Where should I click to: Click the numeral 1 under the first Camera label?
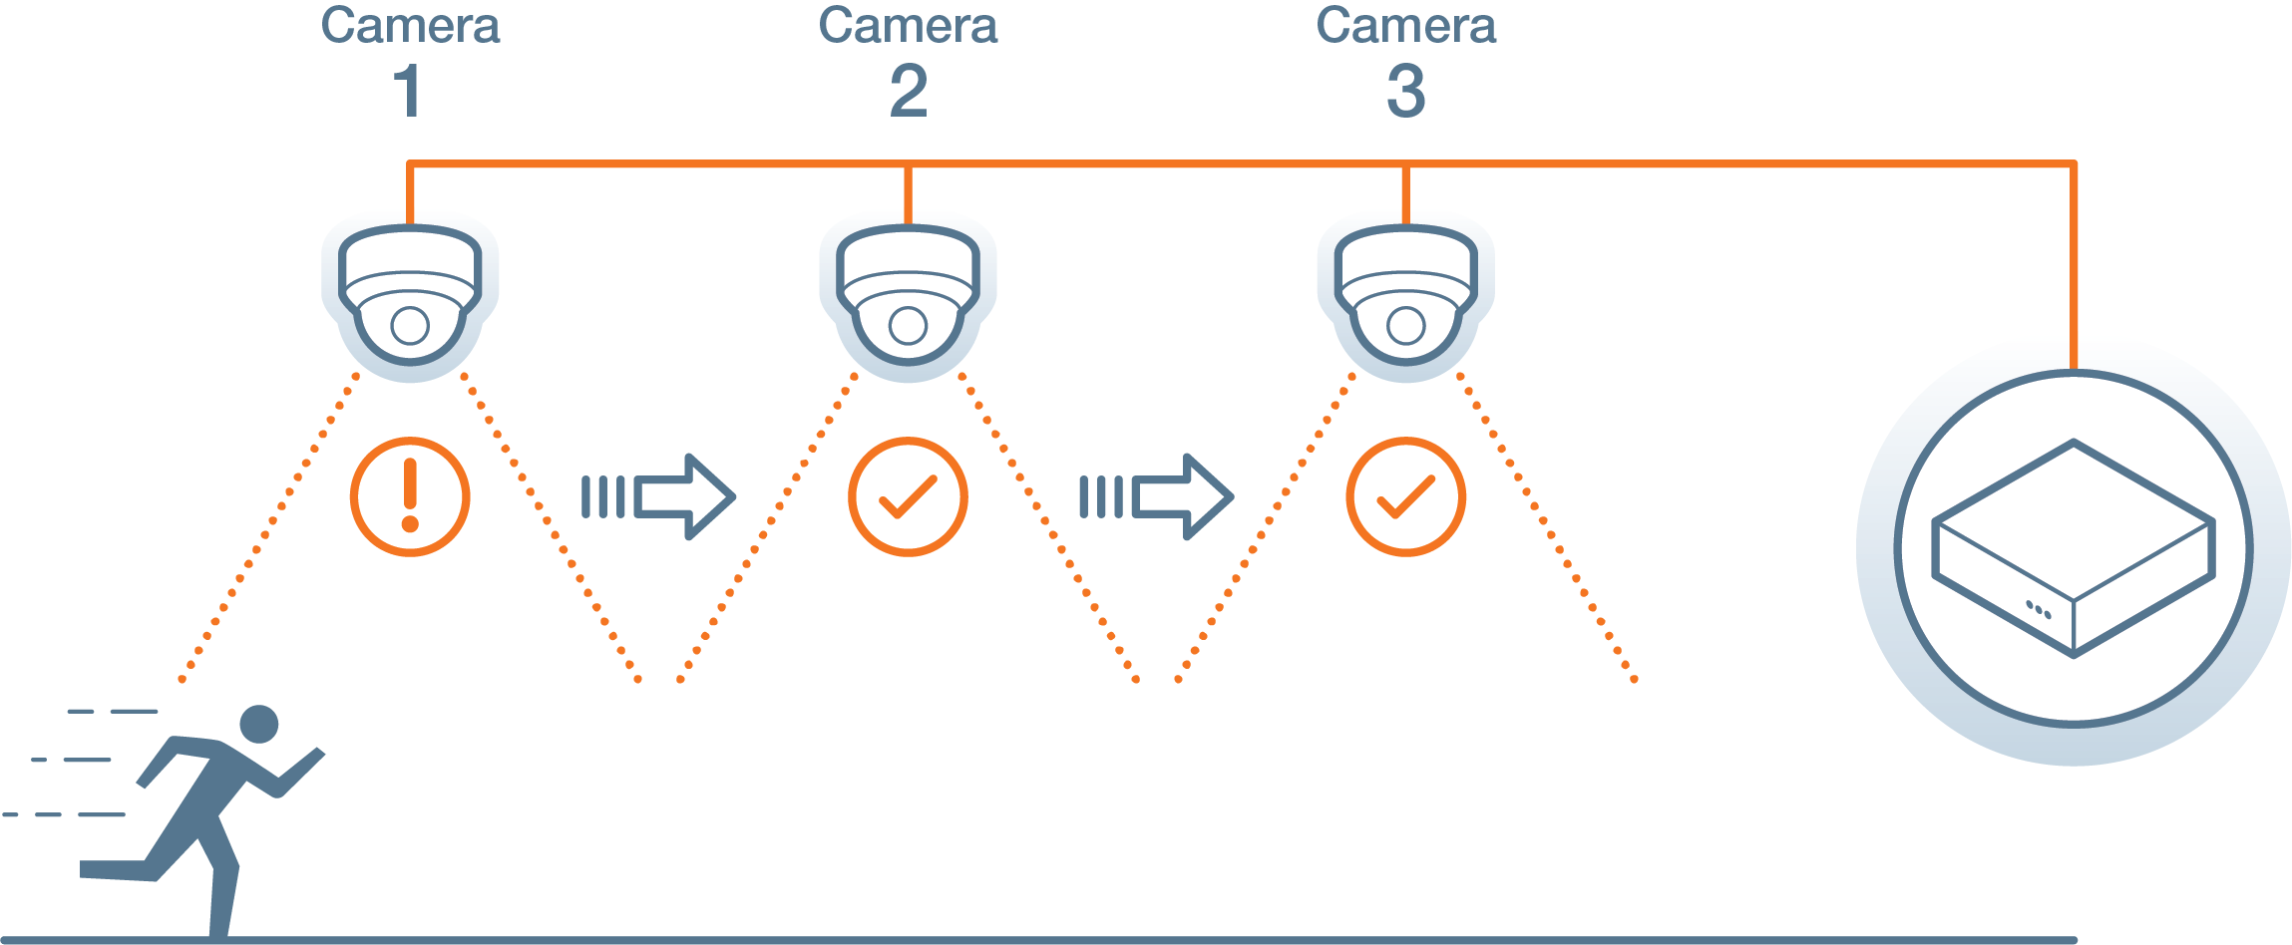click(408, 91)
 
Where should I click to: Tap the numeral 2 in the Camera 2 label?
click(908, 91)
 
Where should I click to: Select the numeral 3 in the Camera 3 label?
click(1405, 91)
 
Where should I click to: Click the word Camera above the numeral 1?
click(410, 26)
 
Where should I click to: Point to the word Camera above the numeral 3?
click(1405, 26)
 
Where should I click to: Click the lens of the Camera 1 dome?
click(410, 325)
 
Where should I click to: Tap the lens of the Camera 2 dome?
click(908, 325)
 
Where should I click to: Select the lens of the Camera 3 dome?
click(1405, 325)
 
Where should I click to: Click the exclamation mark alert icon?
click(410, 496)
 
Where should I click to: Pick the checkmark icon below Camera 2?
click(908, 496)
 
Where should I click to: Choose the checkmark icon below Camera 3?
click(1405, 496)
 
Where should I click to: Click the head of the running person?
click(259, 724)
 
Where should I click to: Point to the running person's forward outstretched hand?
click(313, 758)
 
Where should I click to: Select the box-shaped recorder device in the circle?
click(2073, 548)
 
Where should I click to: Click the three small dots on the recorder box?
click(2038, 609)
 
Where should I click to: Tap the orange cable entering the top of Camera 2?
click(908, 195)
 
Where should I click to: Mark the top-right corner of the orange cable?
click(2074, 163)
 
